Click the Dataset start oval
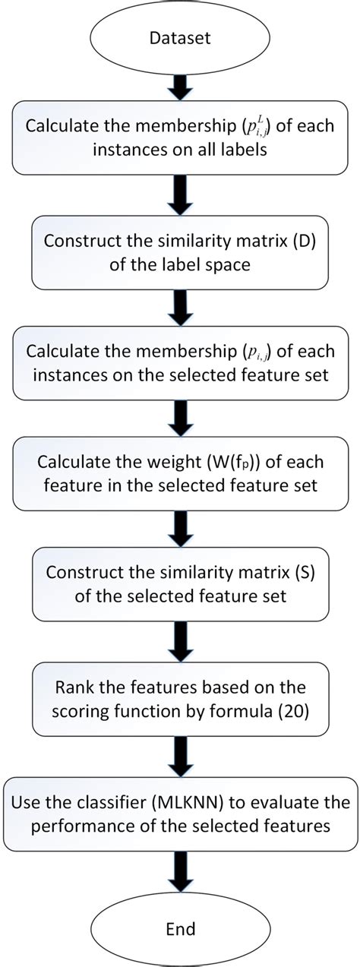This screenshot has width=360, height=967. (180, 36)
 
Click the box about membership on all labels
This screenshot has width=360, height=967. (180, 138)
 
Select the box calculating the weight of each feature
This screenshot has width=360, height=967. (180, 473)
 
